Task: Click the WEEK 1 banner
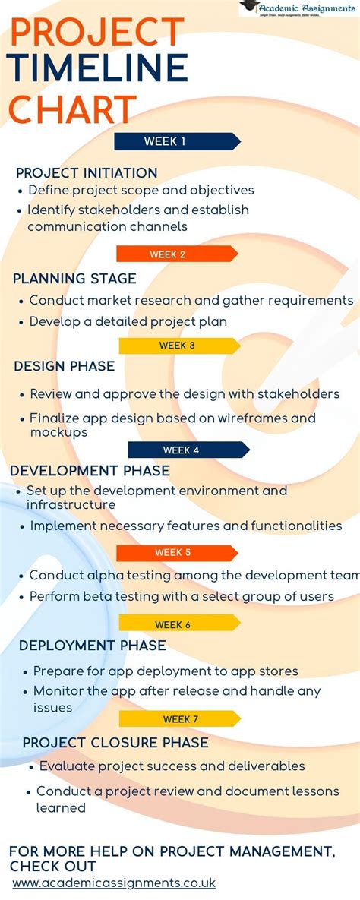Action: click(176, 141)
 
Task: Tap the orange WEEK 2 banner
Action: click(176, 254)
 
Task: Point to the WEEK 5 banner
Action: click(176, 552)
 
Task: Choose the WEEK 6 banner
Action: click(178, 624)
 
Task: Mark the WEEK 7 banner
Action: click(178, 718)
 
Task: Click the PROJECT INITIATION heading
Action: click(87, 173)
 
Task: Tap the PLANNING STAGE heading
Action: click(74, 279)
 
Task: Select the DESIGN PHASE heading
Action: click(65, 366)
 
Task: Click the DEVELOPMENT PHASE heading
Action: click(90, 471)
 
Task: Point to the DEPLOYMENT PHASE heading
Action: click(92, 646)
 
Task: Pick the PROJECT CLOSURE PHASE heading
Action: click(115, 742)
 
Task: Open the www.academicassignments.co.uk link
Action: click(114, 883)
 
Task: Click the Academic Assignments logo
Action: click(298, 8)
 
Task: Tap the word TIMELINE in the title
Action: click(98, 68)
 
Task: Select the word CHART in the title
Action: click(73, 109)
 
